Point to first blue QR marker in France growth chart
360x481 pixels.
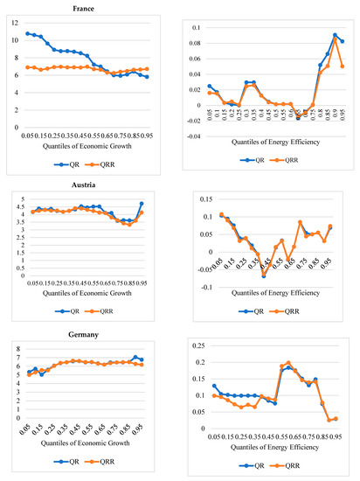[28, 33]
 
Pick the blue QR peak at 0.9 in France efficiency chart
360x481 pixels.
[336, 35]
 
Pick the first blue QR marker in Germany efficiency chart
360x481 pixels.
[215, 386]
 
